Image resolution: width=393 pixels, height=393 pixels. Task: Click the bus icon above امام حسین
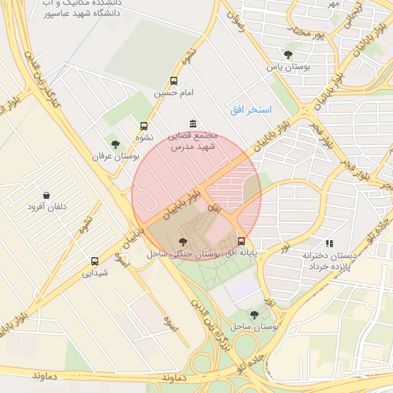(x=174, y=81)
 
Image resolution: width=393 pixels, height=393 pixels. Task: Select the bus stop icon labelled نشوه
(x=144, y=127)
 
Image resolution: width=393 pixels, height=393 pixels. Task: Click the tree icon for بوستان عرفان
(x=115, y=144)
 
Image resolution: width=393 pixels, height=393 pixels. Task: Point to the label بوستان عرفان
(x=114, y=156)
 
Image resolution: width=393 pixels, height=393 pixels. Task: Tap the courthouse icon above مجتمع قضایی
(x=193, y=124)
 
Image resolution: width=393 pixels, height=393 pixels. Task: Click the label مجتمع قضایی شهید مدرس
(x=193, y=140)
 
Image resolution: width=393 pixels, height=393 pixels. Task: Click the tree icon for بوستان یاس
(x=288, y=54)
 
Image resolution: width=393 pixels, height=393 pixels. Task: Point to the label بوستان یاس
(x=287, y=67)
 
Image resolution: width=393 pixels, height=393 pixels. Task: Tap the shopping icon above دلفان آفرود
(x=48, y=196)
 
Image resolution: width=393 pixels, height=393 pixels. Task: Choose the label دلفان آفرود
(x=48, y=208)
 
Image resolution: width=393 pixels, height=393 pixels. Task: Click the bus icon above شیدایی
(x=94, y=261)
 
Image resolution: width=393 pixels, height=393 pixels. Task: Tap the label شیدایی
(x=96, y=273)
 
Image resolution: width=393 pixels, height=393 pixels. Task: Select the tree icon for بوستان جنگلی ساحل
(x=182, y=242)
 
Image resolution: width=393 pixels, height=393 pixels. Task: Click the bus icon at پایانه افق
(x=242, y=240)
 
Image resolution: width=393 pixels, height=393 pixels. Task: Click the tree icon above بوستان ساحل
(x=255, y=315)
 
